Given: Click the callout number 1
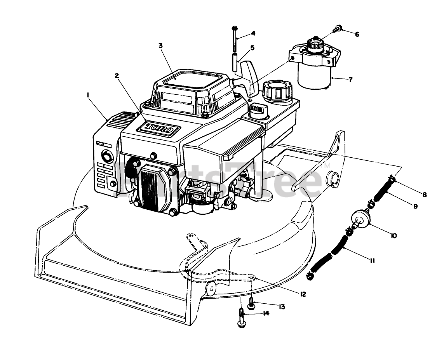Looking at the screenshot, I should pos(89,94).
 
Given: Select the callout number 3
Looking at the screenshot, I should pos(160,45).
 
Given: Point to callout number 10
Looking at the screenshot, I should pos(394,235).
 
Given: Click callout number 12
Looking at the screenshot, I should pos(303,294).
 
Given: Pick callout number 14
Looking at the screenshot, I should pos(266,313).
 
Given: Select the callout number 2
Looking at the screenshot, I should pos(117,76).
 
